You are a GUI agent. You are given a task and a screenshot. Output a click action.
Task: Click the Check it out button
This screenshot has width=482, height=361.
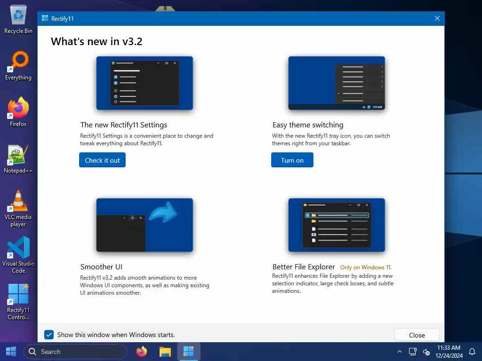(102, 160)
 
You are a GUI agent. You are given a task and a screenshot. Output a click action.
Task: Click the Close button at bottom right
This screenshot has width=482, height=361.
(417, 335)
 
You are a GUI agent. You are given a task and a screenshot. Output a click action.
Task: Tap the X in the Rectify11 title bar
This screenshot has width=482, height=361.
(437, 18)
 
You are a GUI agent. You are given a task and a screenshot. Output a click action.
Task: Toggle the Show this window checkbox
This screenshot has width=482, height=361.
(49, 335)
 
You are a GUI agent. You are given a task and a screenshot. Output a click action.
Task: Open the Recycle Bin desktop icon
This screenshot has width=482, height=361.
(18, 15)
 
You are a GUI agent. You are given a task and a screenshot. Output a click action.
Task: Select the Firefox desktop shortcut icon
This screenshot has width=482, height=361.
(18, 108)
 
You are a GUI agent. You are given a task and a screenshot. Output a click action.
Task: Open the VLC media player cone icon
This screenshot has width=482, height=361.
(18, 201)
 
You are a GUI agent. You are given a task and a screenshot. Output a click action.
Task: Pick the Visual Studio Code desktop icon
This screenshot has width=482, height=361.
(18, 247)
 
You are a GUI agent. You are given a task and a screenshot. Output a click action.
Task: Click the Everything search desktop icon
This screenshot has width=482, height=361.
(19, 61)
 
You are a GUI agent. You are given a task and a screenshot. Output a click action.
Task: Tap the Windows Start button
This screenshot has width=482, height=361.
(11, 351)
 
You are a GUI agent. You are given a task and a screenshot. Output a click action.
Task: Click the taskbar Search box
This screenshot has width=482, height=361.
(75, 352)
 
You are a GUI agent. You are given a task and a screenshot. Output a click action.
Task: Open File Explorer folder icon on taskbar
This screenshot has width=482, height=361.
(165, 352)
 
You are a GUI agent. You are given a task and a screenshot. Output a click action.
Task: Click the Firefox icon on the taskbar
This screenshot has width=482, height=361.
(142, 352)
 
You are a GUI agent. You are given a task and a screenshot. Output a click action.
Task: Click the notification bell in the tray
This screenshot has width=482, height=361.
(472, 352)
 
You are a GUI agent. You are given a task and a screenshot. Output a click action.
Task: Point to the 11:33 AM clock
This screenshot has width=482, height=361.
(449, 347)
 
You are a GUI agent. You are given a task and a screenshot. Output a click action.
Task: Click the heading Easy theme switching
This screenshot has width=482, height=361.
(308, 125)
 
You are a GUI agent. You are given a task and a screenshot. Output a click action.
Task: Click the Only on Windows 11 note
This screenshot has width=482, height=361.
(366, 267)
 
